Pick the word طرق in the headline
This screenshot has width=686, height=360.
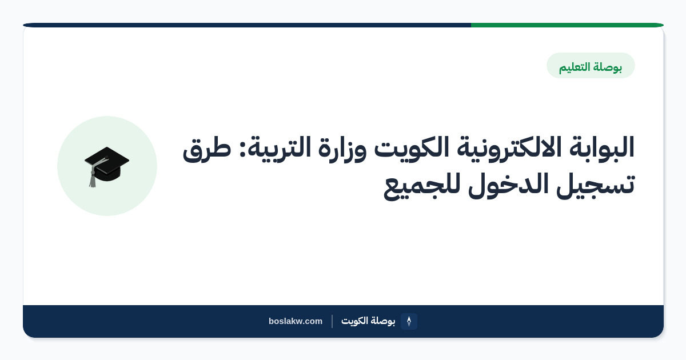click(207, 149)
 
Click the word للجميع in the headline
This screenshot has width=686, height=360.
click(422, 187)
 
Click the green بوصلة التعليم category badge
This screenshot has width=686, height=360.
click(591, 66)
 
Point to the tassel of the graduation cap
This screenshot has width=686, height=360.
click(93, 178)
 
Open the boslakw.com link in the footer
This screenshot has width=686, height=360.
click(295, 321)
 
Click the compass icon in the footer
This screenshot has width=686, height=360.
click(409, 321)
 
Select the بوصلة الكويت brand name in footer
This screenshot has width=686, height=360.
click(368, 321)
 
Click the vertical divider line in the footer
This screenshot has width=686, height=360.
click(332, 321)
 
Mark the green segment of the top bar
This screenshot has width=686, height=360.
click(567, 25)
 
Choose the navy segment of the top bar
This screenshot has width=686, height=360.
click(247, 25)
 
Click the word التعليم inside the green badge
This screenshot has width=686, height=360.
click(575, 67)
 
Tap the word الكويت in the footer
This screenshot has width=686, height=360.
click(354, 321)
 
